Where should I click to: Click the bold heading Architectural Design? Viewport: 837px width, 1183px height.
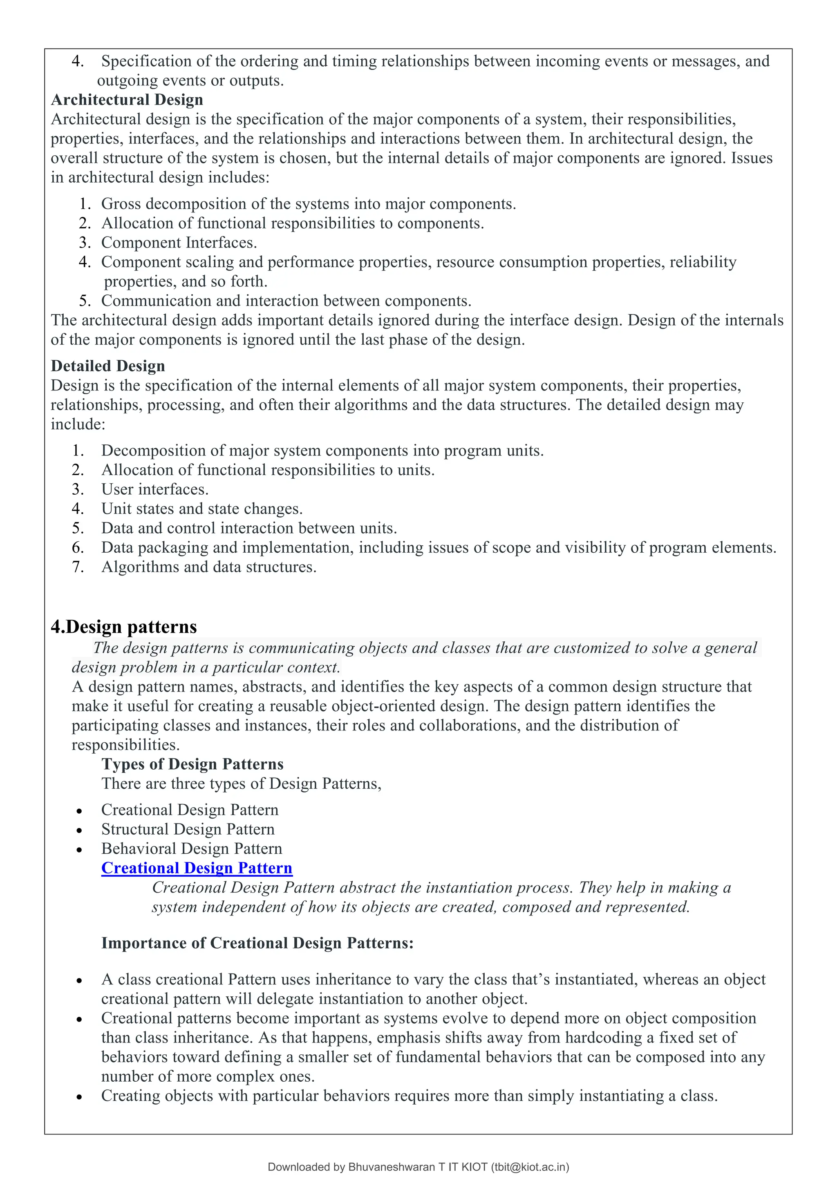point(127,99)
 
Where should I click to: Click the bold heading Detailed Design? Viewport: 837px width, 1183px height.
point(108,366)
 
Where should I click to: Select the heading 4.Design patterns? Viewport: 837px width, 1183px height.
point(124,627)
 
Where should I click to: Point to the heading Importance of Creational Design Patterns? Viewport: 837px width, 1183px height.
point(257,943)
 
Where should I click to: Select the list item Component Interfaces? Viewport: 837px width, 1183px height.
point(179,242)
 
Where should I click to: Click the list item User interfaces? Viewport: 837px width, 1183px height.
point(154,489)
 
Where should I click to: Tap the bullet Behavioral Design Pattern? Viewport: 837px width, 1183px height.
point(191,848)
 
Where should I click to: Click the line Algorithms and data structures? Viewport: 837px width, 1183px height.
point(209,567)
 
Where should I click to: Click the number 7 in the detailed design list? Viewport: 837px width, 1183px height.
point(77,567)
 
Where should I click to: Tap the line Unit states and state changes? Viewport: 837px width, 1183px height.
point(201,509)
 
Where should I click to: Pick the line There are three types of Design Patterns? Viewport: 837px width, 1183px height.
point(241,783)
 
